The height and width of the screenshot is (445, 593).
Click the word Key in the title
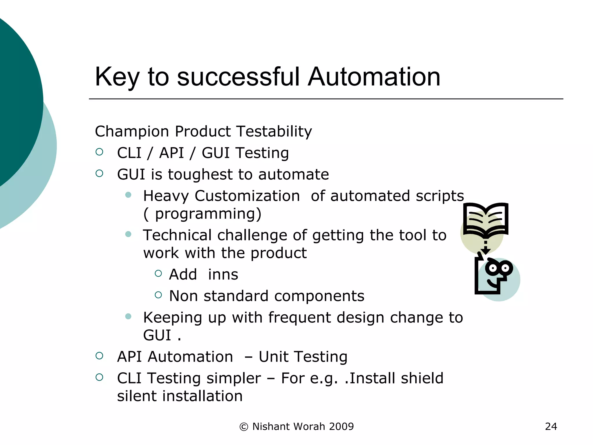tap(117, 78)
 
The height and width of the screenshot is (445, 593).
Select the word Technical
tap(177, 235)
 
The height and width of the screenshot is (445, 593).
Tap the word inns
tap(223, 274)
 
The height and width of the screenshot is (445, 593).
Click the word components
tap(319, 296)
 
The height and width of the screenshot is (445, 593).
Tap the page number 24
tap(551, 426)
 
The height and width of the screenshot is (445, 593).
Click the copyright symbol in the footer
tap(244, 427)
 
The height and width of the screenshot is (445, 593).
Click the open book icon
tap(486, 219)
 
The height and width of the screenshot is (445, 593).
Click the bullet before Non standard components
tap(158, 295)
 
